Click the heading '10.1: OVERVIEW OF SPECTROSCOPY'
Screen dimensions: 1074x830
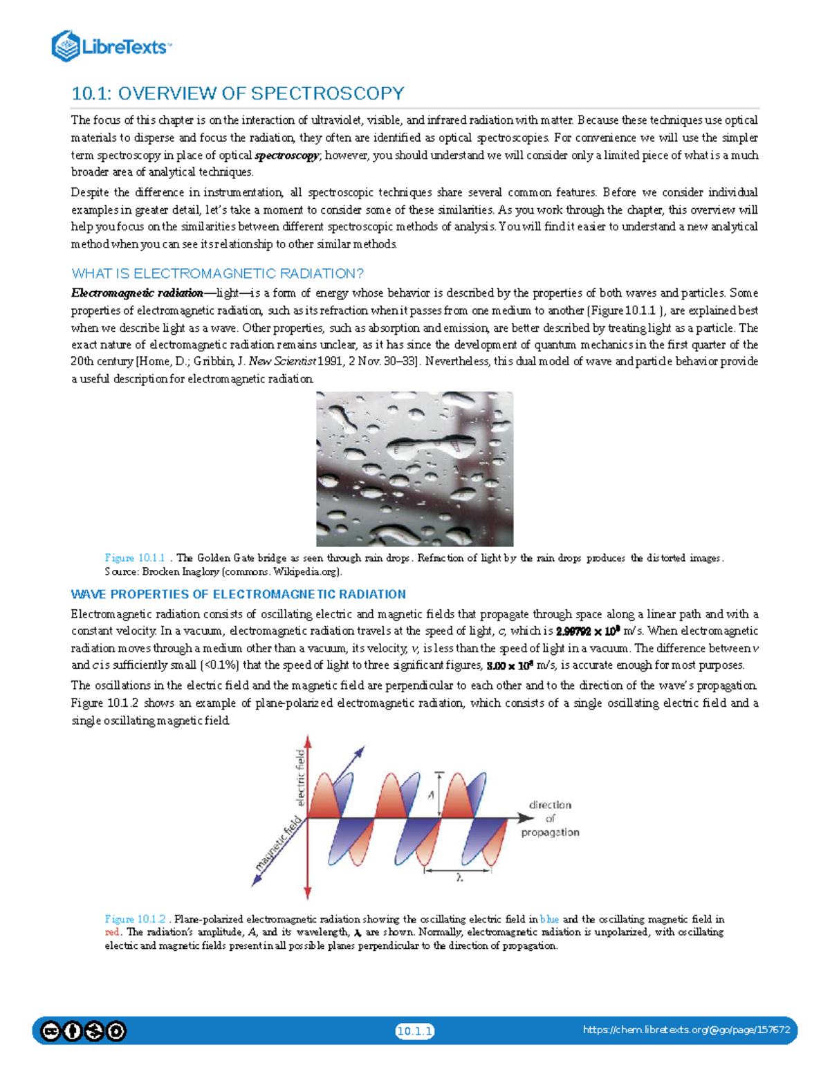pyautogui.click(x=238, y=93)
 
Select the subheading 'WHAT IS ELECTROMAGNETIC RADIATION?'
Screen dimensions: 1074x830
pyautogui.click(x=217, y=273)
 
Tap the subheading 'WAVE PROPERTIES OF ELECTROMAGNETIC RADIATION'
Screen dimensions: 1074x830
pyautogui.click(x=238, y=594)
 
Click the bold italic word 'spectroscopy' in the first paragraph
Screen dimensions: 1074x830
pyautogui.click(x=286, y=156)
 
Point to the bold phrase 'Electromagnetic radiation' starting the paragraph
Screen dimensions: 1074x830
pyautogui.click(x=137, y=293)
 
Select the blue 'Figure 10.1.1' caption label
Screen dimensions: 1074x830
pyautogui.click(x=135, y=558)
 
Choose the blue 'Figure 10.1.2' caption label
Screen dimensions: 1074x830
pyautogui.click(x=135, y=919)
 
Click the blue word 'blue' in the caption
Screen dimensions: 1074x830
pyautogui.click(x=549, y=919)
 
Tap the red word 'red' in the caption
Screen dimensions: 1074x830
pyautogui.click(x=112, y=932)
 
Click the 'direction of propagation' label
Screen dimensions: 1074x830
pyautogui.click(x=550, y=819)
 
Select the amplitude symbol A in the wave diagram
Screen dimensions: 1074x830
pyautogui.click(x=430, y=795)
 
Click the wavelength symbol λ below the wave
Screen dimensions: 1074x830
pyautogui.click(x=459, y=878)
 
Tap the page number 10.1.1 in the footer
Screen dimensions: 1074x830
pyautogui.click(x=414, y=1032)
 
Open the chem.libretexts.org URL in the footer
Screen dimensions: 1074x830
pyautogui.click(x=686, y=1030)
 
